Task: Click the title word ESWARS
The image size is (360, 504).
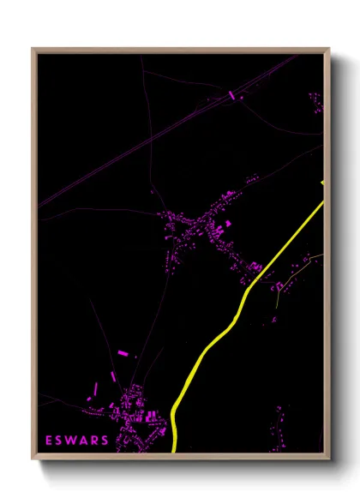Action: tap(77, 441)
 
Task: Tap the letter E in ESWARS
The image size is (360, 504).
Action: tap(50, 441)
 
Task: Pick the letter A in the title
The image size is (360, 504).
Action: tap(83, 441)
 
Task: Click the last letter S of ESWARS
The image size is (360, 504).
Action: tap(105, 441)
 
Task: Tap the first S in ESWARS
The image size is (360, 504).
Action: tap(60, 441)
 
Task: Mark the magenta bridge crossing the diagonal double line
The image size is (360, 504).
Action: tap(231, 94)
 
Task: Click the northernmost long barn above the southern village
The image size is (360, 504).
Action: tap(122, 353)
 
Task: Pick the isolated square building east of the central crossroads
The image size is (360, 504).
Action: tap(229, 223)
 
